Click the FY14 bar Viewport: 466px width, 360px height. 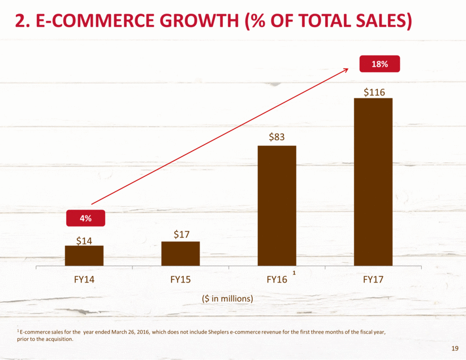(x=84, y=255)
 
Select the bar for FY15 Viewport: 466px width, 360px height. (x=180, y=253)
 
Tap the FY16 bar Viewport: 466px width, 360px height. (x=277, y=206)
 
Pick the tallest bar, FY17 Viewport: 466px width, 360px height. (x=373, y=181)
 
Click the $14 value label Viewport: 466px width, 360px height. (x=84, y=240)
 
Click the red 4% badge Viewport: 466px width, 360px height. (x=84, y=218)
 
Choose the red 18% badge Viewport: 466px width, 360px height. (x=379, y=64)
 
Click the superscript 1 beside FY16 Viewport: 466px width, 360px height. (x=294, y=274)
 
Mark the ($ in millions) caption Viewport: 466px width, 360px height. (x=227, y=298)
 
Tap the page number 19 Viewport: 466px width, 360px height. (x=456, y=348)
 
